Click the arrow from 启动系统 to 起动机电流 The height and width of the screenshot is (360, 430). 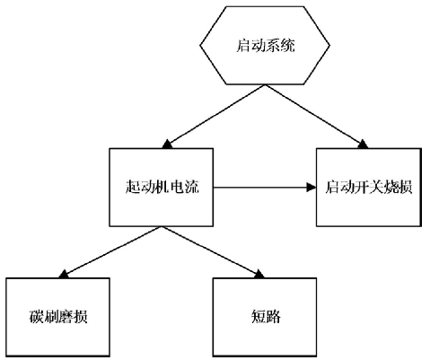click(214, 117)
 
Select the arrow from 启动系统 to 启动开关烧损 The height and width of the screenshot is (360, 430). click(317, 117)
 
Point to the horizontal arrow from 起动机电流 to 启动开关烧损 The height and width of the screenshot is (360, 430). click(265, 188)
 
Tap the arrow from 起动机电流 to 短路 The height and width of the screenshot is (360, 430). click(213, 252)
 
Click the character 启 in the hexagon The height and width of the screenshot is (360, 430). click(243, 46)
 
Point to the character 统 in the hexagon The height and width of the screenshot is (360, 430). click(287, 46)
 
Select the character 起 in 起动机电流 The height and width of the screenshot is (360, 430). click(133, 187)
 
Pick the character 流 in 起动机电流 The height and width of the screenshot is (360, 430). click(191, 187)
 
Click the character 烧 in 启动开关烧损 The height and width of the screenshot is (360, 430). click(391, 187)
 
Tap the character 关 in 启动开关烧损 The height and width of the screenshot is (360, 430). click(376, 187)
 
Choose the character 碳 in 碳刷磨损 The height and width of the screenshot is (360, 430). click(36, 317)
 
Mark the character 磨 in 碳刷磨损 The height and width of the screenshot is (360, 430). click(66, 317)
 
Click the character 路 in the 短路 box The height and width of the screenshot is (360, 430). click(273, 317)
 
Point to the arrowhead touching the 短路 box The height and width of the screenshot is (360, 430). click(259, 275)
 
